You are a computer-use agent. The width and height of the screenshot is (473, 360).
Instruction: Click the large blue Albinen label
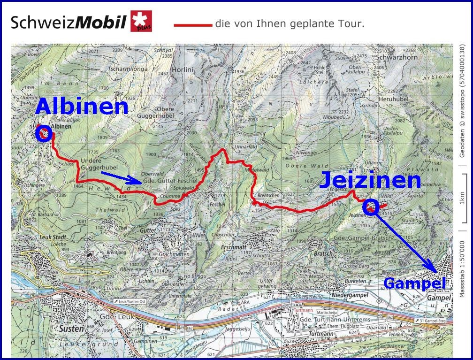pyautogui.click(x=82, y=107)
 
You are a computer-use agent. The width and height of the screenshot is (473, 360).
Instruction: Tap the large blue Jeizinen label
pyautogui.click(x=370, y=181)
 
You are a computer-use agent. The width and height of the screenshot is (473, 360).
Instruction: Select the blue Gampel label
pyautogui.click(x=414, y=283)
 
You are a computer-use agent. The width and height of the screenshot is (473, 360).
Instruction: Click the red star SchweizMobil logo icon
pyautogui.click(x=141, y=21)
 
